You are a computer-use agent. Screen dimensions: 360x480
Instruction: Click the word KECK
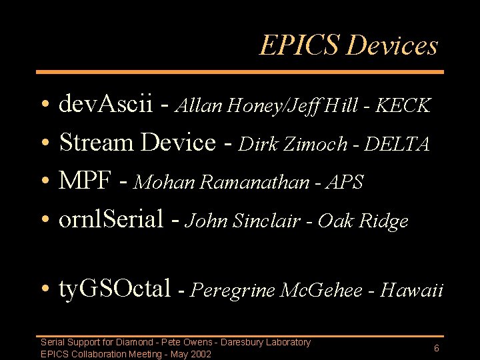pyautogui.click(x=403, y=105)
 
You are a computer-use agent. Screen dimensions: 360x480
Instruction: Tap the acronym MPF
pyautogui.click(x=83, y=181)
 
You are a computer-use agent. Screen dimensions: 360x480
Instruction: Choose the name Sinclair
pyautogui.click(x=264, y=221)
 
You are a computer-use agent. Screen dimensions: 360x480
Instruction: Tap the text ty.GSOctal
pyautogui.click(x=115, y=289)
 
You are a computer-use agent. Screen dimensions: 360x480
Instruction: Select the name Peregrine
pyautogui.click(x=235, y=291)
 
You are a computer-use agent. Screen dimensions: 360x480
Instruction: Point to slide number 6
pyautogui.click(x=436, y=348)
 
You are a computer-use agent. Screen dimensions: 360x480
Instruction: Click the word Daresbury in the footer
pyautogui.click(x=244, y=342)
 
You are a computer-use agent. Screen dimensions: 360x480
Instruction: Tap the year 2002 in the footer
pyautogui.click(x=200, y=354)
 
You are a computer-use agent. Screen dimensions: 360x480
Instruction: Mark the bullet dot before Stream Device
pyautogui.click(x=43, y=144)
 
